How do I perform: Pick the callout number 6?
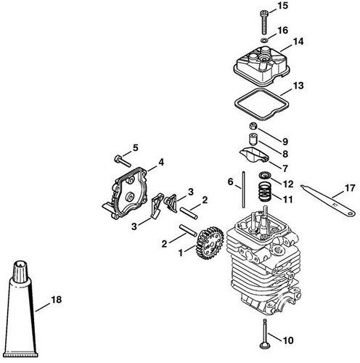[x=230, y=181]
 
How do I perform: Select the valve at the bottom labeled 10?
[x=267, y=337]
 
